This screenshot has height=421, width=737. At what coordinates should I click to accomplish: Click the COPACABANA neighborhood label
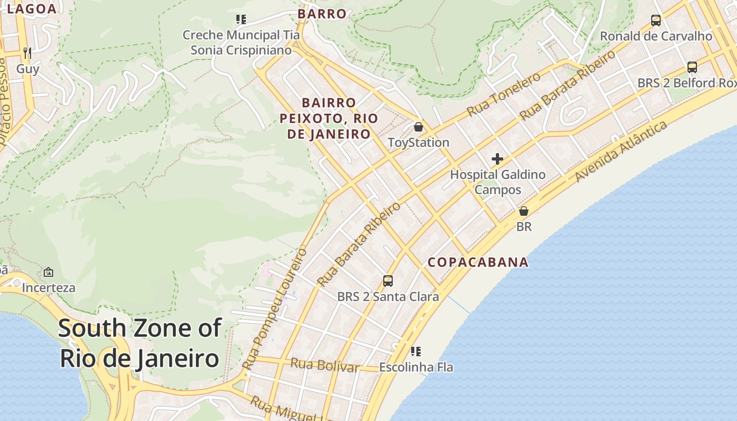coord(477,262)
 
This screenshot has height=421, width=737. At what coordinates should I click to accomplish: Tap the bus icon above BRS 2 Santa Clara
coord(388,281)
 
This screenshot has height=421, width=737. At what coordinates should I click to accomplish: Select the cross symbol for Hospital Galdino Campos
coord(497,158)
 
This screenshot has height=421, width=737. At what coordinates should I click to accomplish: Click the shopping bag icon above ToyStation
coord(418,127)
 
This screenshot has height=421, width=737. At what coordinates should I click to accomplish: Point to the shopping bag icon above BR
coord(524,211)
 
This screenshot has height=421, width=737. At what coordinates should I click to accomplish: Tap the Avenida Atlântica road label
coord(621,151)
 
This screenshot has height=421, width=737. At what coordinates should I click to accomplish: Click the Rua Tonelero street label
coord(504,94)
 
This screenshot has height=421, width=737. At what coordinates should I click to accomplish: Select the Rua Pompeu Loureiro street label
coord(275,309)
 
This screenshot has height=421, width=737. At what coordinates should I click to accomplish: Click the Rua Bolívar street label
coord(325,365)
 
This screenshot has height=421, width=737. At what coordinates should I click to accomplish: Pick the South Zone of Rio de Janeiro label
coord(140,343)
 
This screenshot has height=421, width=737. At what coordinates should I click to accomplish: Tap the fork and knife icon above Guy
coord(27,53)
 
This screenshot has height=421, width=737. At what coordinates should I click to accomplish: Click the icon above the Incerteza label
coord(48,272)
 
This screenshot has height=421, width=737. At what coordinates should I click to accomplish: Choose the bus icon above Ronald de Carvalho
coord(656,21)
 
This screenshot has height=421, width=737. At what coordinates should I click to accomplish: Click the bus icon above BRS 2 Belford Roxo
coord(692,67)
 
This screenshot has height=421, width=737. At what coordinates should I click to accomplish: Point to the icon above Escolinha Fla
coord(416,351)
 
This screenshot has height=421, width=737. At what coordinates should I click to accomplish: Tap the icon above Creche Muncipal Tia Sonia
coord(241,20)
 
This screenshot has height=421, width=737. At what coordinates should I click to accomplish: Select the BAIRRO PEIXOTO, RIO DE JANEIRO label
coord(329,118)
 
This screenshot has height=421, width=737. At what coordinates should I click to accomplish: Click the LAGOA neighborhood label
coord(32,9)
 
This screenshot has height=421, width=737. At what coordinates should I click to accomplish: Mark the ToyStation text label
coord(419,143)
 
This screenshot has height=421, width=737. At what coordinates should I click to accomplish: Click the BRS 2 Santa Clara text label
coord(388,296)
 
